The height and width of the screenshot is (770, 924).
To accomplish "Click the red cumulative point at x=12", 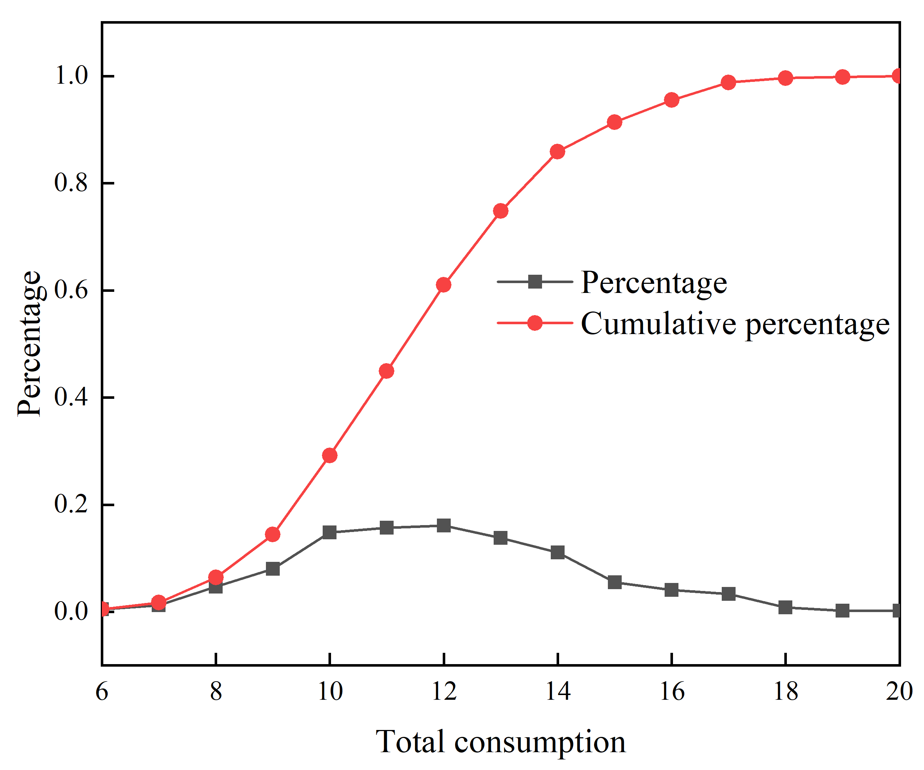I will [443, 285].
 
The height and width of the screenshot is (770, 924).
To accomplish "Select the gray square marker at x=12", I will [443, 525].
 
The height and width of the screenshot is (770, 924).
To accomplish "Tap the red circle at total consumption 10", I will [330, 455].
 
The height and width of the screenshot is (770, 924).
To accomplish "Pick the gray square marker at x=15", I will [615, 582].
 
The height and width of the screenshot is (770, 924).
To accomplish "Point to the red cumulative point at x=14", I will [557, 152].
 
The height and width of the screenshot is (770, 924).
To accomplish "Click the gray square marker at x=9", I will [273, 569].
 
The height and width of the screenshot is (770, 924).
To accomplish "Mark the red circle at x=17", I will [729, 82].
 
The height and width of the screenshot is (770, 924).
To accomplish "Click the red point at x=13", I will [501, 211].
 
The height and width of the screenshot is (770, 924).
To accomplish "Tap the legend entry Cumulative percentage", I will [735, 324].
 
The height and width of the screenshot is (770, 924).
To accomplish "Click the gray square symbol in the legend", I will [535, 282].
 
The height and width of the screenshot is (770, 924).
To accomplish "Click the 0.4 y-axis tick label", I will [71, 397].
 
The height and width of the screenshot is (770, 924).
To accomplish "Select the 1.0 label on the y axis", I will [71, 75].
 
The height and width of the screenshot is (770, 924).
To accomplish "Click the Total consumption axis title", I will [500, 742].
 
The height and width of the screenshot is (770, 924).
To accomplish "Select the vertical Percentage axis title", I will [29, 344].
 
